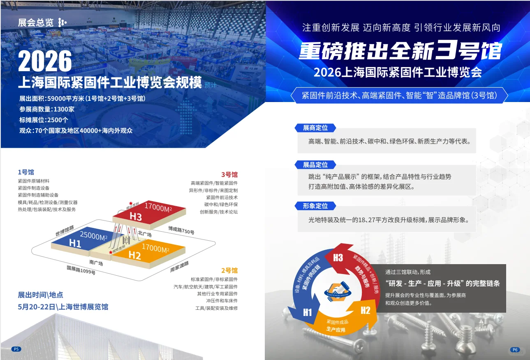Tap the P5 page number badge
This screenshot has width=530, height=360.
(16, 349)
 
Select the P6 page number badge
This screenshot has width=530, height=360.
(515, 350)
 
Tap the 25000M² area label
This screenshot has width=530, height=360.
(93, 236)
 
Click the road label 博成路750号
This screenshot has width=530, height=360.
(181, 230)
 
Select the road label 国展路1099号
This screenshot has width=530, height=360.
(81, 270)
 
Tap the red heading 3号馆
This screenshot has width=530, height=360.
(229, 174)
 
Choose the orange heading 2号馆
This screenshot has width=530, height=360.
(229, 270)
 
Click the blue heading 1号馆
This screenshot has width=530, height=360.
(26, 172)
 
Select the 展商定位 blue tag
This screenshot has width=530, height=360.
(315, 128)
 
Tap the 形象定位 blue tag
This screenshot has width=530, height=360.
(315, 206)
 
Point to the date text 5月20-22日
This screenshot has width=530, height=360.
(36, 307)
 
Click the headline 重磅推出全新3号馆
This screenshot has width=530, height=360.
(400, 51)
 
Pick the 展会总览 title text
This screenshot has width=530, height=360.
(36, 22)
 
